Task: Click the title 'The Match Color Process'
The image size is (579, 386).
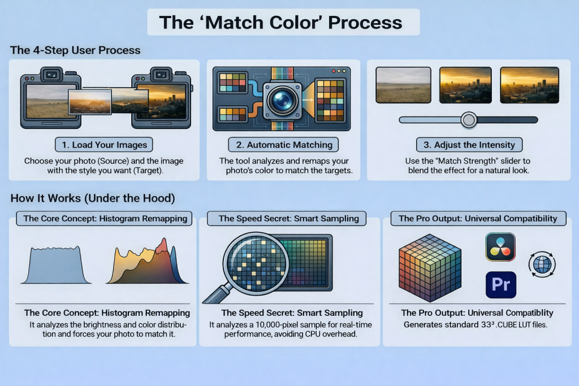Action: (280, 22)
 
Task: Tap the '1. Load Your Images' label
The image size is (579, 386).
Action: (104, 145)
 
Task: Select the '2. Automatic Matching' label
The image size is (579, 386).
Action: (284, 145)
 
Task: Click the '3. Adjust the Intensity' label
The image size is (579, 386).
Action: (469, 145)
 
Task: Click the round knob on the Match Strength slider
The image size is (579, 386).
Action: (469, 120)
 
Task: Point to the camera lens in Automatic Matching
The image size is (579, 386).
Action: (283, 99)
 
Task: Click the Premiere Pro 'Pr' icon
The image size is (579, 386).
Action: (501, 284)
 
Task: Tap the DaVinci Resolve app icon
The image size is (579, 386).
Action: (500, 247)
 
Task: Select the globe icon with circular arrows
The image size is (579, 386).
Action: (542, 264)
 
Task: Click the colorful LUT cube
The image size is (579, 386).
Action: (430, 267)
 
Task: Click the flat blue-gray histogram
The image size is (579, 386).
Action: (56, 265)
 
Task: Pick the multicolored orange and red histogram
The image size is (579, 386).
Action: (148, 262)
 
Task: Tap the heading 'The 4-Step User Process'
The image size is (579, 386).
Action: (75, 50)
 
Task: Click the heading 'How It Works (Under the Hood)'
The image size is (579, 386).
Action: (93, 198)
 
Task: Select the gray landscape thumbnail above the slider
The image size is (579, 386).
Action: (403, 85)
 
